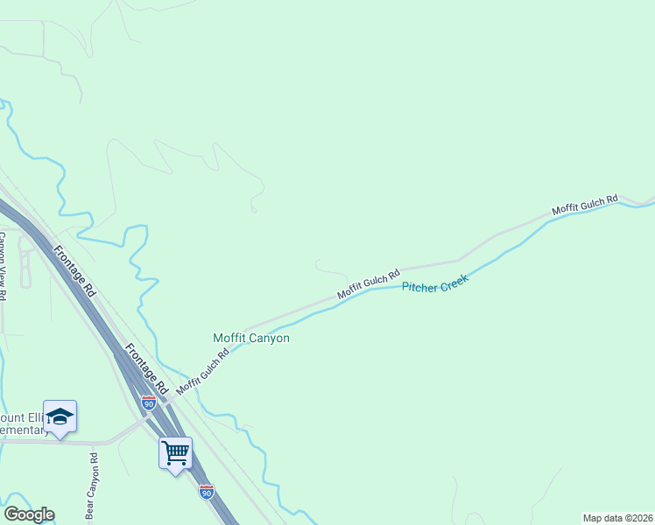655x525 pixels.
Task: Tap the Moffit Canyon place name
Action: [x=251, y=338]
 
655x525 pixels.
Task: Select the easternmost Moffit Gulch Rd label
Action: [x=585, y=206]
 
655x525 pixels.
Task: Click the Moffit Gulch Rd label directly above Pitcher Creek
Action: [x=369, y=283]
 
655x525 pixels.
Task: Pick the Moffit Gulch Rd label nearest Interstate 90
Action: [x=202, y=372]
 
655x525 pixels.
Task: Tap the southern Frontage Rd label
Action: [x=145, y=367]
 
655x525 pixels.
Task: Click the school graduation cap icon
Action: [x=60, y=416]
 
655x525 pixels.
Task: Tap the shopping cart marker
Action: [x=175, y=452]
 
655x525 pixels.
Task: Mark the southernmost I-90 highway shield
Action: [x=206, y=492]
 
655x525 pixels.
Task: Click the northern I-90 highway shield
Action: [x=149, y=402]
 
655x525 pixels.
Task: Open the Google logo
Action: [x=29, y=514]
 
